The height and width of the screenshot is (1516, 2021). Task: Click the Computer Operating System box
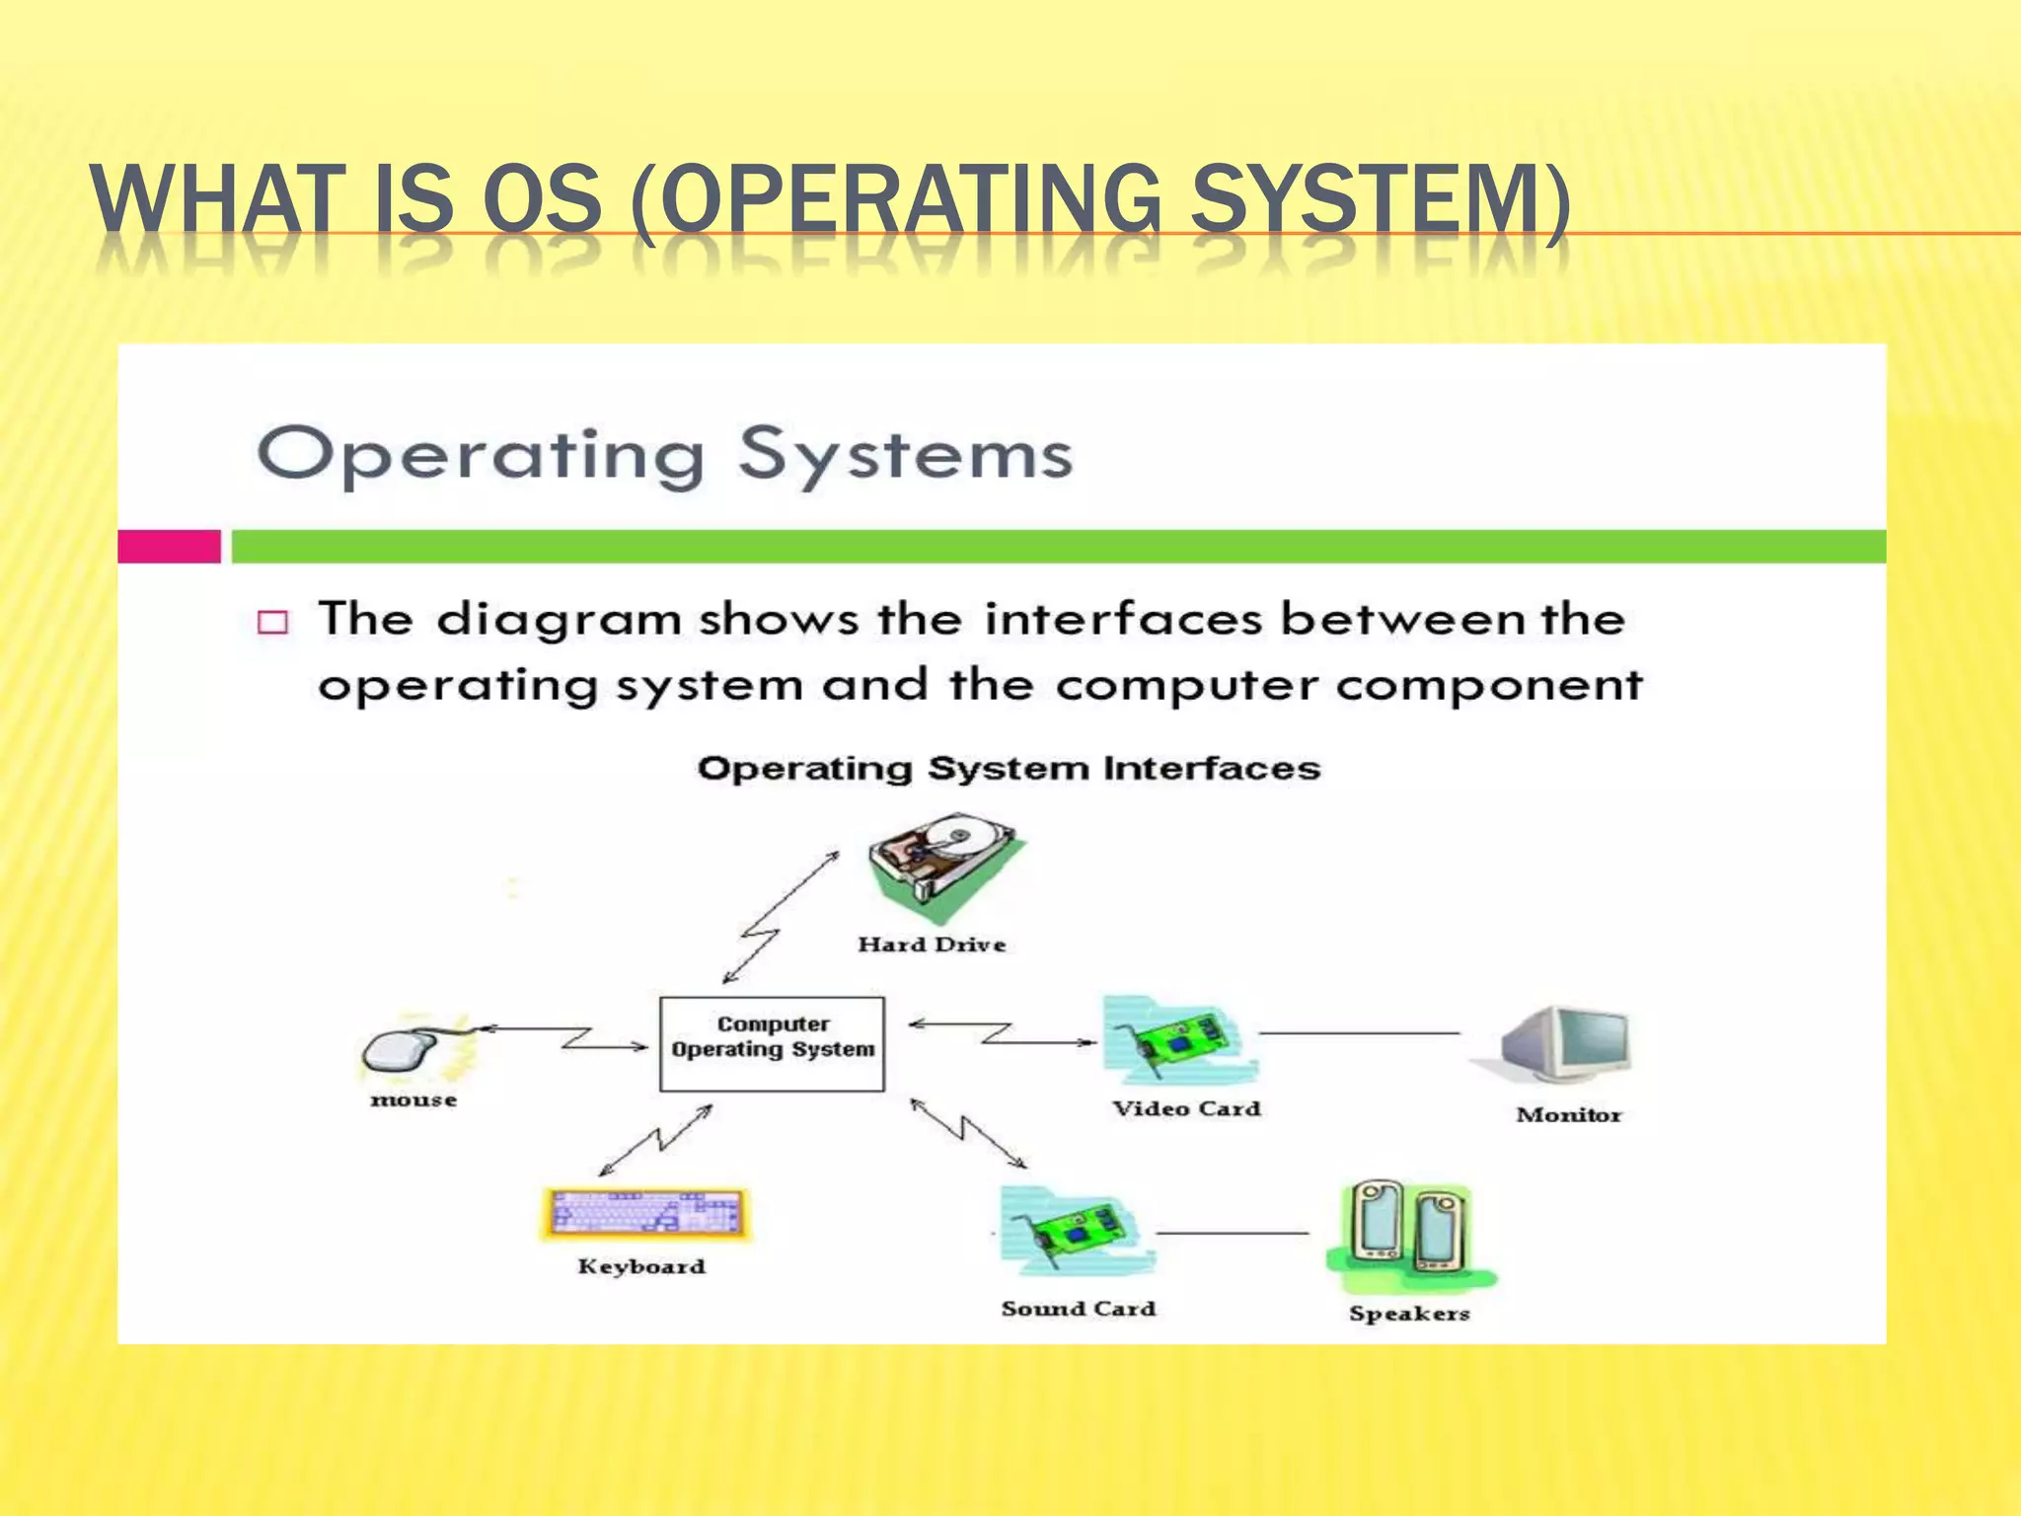[x=772, y=1043]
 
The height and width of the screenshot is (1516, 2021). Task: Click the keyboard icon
[x=645, y=1213]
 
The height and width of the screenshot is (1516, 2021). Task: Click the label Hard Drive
[x=932, y=945]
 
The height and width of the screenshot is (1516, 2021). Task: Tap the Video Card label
[x=1186, y=1109]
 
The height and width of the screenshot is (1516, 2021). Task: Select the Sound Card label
[x=1078, y=1309]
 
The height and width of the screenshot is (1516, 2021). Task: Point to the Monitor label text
[x=1568, y=1115]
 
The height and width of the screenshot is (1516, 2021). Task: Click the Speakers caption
[x=1409, y=1314]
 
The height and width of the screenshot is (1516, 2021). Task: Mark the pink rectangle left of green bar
[x=169, y=546]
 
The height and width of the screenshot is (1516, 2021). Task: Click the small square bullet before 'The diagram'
[x=272, y=622]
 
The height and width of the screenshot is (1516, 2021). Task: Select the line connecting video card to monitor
[x=1360, y=1033]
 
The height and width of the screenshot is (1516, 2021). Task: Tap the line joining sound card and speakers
[x=1232, y=1234]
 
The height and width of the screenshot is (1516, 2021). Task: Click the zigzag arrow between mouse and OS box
[x=572, y=1037]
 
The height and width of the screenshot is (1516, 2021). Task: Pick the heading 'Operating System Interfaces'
[x=1008, y=768]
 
